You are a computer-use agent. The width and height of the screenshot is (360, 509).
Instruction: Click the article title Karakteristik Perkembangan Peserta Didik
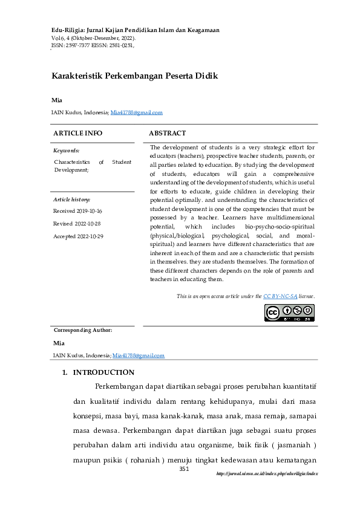coord(134,76)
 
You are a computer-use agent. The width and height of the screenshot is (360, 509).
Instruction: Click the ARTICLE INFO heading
coord(78,133)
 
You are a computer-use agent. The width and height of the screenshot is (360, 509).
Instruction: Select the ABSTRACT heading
coord(167,133)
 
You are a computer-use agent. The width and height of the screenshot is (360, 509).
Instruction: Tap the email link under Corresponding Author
coord(139,355)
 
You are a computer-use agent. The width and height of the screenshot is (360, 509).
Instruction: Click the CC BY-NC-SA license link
coord(280,296)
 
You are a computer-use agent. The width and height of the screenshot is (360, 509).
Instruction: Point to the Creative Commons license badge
coord(289,312)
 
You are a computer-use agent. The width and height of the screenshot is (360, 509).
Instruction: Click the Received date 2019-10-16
coord(77,211)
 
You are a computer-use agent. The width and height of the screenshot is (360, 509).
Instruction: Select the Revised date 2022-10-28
coord(79,223)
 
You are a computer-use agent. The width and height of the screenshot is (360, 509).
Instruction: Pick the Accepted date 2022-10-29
coord(78,236)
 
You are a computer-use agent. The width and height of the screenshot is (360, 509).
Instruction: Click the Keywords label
coord(66,150)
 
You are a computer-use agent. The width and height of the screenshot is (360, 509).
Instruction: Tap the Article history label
coord(72,199)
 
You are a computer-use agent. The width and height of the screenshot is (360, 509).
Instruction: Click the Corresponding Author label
coord(83,330)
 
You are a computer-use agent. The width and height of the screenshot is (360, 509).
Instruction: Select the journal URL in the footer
coord(267,474)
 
